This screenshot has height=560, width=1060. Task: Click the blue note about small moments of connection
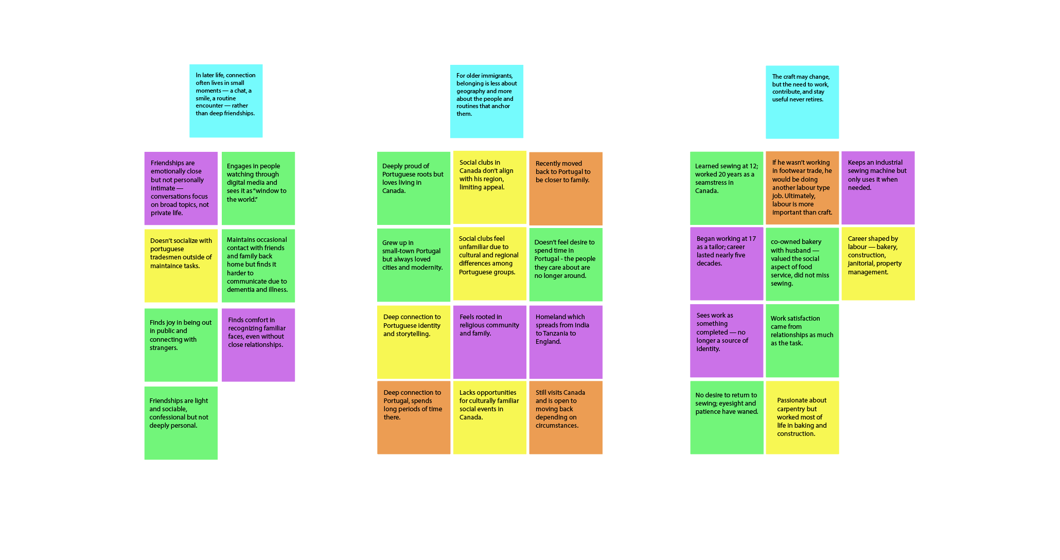[226, 101]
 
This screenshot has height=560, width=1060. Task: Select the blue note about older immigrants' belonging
[486, 101]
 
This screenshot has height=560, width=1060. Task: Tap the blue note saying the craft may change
[802, 102]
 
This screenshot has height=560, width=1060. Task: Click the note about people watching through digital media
[258, 188]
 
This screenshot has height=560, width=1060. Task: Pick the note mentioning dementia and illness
[258, 266]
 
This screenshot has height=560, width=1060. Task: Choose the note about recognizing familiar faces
[258, 345]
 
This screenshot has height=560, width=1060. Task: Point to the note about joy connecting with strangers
[181, 345]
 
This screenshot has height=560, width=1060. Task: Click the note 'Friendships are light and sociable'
[181, 423]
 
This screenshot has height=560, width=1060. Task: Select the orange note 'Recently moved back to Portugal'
[566, 188]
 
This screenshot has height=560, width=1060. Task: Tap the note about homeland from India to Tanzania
[566, 342]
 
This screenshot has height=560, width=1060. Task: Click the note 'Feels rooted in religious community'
[489, 342]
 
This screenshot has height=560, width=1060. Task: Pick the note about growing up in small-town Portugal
[413, 265]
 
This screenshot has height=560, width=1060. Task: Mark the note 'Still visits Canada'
[566, 417]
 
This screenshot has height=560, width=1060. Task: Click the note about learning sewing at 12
[726, 188]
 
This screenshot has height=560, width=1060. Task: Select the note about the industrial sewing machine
[878, 188]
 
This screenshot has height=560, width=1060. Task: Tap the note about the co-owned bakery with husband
[802, 264]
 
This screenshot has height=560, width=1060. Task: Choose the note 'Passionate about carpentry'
[802, 417]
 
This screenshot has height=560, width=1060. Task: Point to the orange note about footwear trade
[802, 188]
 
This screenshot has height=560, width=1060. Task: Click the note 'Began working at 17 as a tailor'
[726, 264]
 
